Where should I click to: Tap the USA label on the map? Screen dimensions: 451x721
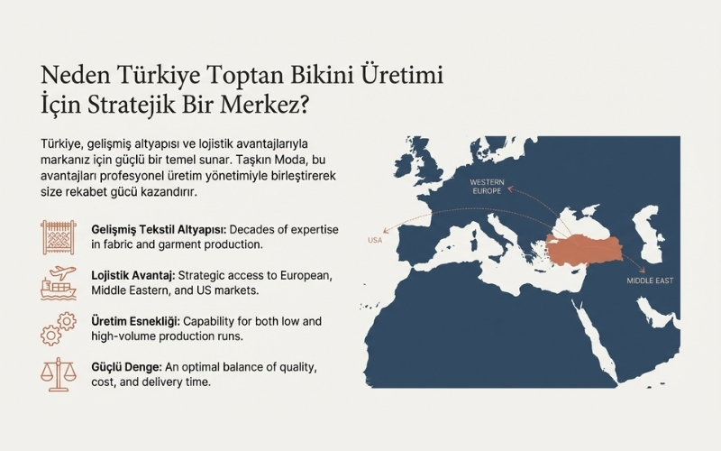tap(376, 240)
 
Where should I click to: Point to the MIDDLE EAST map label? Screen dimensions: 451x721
tap(652, 281)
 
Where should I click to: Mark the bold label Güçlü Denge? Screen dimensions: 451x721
tap(125, 367)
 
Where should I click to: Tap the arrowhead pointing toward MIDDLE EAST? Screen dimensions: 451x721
tap(643, 268)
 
